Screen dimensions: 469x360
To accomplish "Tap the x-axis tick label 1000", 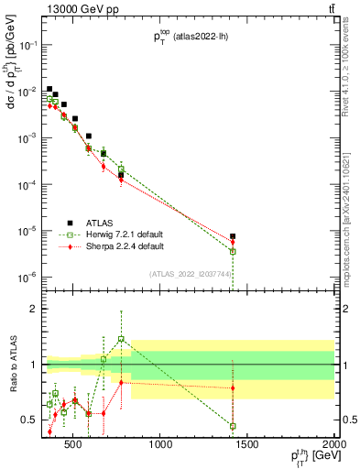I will point(161,446).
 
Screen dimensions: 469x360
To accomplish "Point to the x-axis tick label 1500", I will point(247,446).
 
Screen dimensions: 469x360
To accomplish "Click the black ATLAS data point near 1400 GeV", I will point(233,236).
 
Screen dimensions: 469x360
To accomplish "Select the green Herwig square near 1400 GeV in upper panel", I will point(233,251).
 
